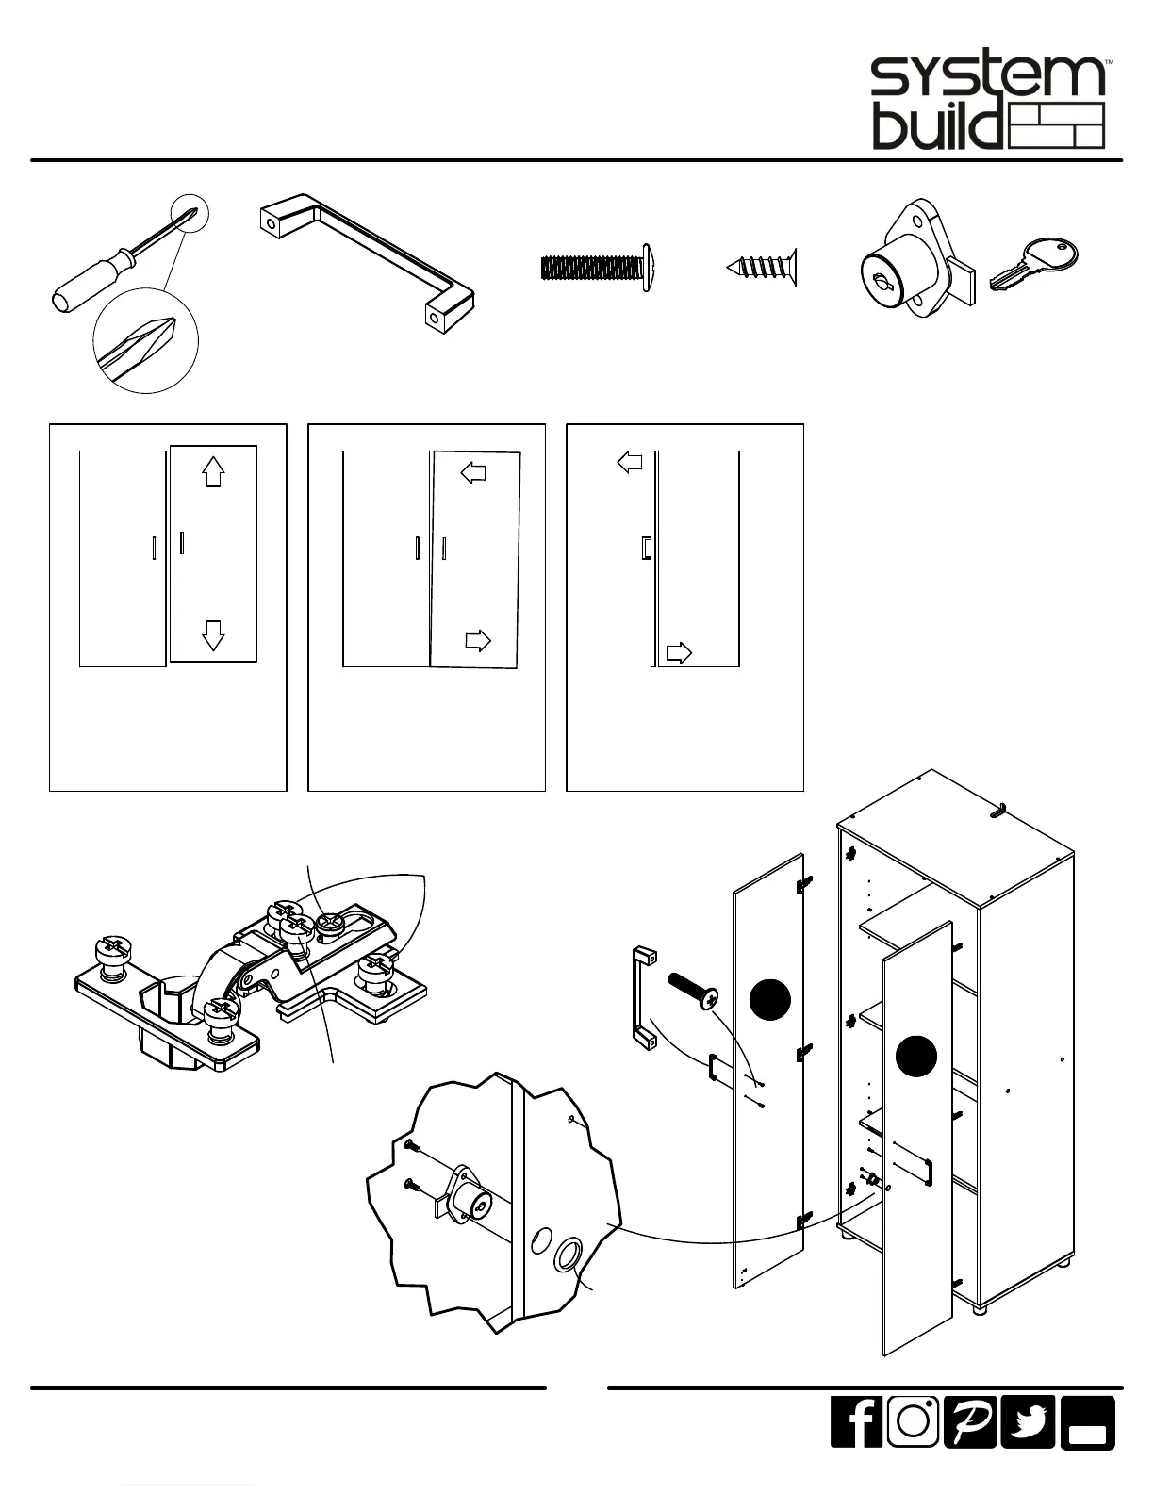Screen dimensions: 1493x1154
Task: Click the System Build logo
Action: click(987, 103)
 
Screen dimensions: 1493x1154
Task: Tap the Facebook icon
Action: click(856, 1421)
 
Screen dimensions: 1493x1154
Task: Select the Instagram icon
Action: click(913, 1421)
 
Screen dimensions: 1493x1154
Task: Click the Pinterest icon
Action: click(970, 1421)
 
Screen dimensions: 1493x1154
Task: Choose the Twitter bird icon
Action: click(1028, 1421)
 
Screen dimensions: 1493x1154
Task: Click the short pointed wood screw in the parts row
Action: click(761, 267)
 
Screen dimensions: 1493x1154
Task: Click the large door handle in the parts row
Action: click(368, 260)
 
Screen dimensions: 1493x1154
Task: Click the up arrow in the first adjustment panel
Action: click(214, 470)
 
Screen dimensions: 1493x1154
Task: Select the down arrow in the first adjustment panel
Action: click(214, 635)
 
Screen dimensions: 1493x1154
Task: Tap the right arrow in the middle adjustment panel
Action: click(479, 642)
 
